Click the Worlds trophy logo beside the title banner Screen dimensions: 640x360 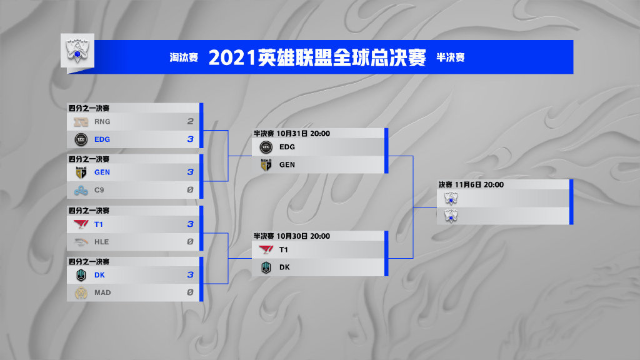coord(77,51)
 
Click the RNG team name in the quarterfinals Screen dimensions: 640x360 coord(102,122)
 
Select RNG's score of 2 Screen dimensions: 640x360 coord(190,121)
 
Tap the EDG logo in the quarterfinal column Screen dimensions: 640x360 coord(81,139)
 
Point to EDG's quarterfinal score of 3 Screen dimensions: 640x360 coord(190,139)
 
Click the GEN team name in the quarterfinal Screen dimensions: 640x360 coord(102,172)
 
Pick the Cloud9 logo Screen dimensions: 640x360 coord(81,190)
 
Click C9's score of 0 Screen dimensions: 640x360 coord(190,190)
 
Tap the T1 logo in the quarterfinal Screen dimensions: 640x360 coord(81,224)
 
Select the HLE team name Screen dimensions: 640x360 coord(102,242)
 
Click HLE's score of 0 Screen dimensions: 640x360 coord(190,242)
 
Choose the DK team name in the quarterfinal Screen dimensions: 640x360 coord(99,275)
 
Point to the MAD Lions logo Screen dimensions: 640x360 coord(81,292)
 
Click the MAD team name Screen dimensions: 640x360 coord(102,292)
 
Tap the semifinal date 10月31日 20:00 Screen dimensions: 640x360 coord(303,134)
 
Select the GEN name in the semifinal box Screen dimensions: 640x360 coord(287,165)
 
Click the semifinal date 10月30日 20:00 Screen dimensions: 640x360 coord(303,236)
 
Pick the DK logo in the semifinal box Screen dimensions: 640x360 coord(266,267)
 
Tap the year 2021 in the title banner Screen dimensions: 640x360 coord(232,57)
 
